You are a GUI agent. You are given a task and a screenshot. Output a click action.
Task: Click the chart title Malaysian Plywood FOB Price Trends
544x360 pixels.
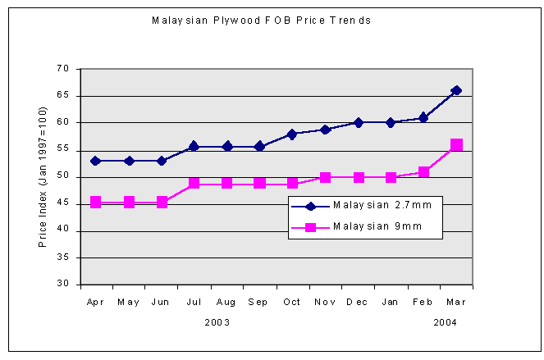click(261, 20)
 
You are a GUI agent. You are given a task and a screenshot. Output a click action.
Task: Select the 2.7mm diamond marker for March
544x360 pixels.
click(456, 90)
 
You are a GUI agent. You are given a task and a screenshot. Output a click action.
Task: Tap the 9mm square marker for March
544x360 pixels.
click(456, 144)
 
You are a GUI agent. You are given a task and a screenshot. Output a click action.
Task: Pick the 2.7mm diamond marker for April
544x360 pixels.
click(96, 161)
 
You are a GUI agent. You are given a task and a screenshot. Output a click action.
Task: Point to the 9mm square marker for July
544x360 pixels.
click(194, 183)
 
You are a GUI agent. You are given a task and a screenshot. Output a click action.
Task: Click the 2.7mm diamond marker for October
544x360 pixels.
click(293, 134)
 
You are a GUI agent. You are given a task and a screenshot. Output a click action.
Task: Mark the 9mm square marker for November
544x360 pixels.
click(326, 177)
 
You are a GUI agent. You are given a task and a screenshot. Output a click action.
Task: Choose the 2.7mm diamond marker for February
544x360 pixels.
click(423, 117)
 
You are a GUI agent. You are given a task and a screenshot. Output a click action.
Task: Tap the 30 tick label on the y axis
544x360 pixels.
click(63, 285)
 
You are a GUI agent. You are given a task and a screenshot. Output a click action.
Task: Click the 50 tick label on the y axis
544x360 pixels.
click(63, 177)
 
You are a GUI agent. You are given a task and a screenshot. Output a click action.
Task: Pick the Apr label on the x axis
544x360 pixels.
click(95, 302)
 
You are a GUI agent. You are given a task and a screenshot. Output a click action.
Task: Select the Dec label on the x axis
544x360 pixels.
click(357, 302)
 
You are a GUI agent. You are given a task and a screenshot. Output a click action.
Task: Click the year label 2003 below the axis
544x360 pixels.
click(217, 322)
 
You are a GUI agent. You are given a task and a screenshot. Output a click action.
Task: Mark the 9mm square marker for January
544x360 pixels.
click(391, 177)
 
